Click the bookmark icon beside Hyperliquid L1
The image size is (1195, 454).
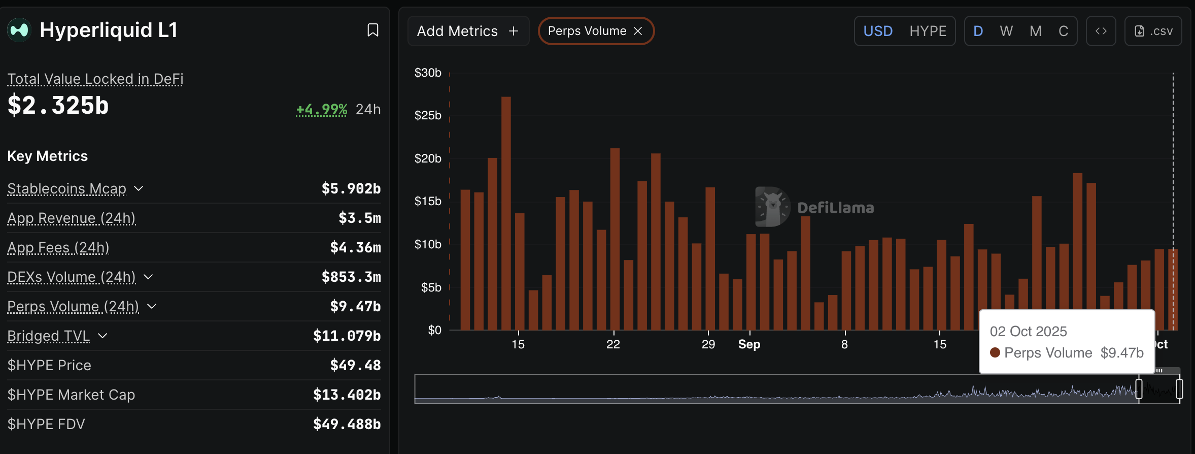(x=373, y=30)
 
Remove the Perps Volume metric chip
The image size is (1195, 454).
(x=638, y=31)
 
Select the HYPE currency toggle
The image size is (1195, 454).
(x=928, y=31)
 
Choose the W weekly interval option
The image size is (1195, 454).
(x=1006, y=31)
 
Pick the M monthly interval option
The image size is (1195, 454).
(x=1036, y=31)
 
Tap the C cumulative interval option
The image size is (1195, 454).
(x=1064, y=31)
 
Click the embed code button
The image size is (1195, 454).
(x=1101, y=31)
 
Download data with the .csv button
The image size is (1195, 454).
(x=1153, y=31)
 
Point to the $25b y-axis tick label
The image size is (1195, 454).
(x=428, y=115)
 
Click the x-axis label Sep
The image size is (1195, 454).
(x=749, y=344)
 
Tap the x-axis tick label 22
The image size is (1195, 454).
(x=613, y=344)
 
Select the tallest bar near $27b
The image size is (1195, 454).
(x=506, y=213)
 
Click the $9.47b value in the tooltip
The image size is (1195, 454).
(x=1122, y=353)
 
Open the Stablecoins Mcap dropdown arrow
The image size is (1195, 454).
(x=139, y=188)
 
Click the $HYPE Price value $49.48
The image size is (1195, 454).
(x=355, y=365)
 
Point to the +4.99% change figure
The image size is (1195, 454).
(x=322, y=109)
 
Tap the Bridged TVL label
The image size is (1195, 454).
(x=49, y=336)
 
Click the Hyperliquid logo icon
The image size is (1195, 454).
(x=19, y=30)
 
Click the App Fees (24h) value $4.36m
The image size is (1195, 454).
(x=355, y=247)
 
